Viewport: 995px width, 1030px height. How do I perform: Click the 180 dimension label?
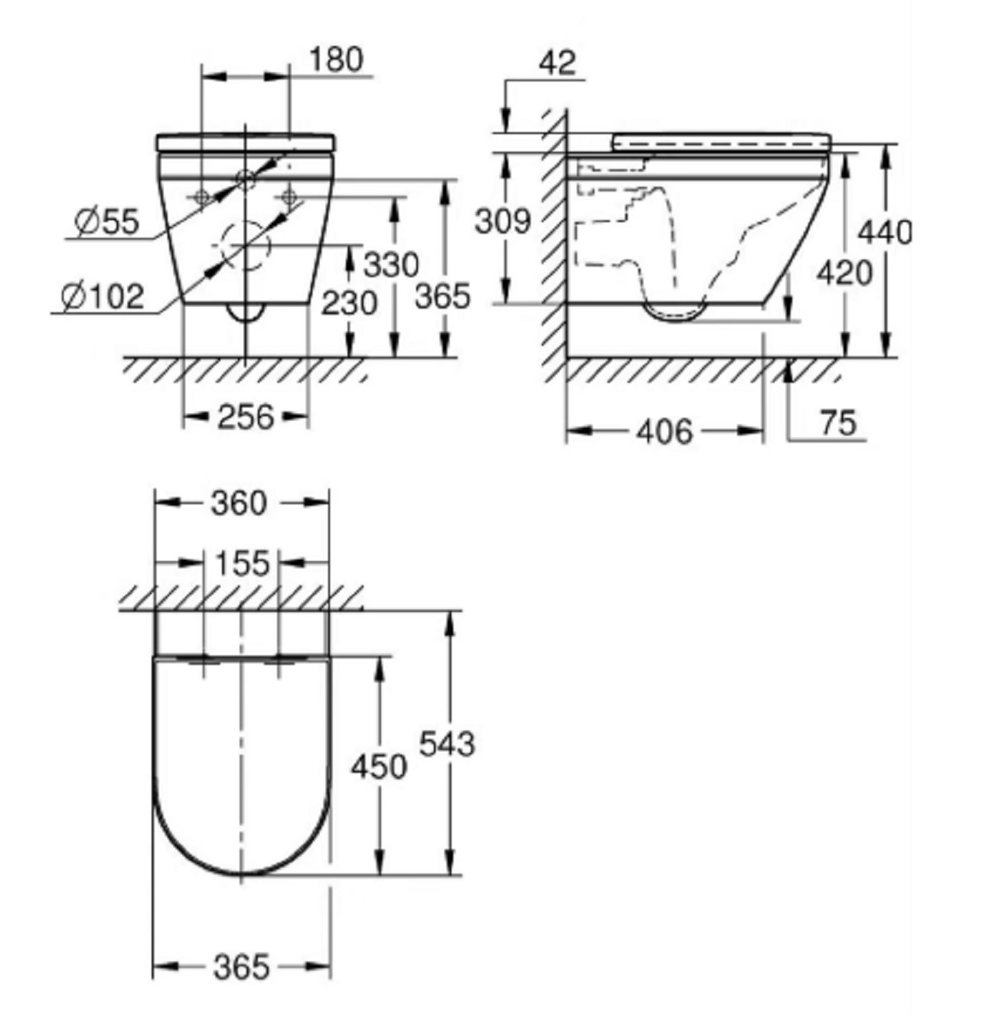coord(336,59)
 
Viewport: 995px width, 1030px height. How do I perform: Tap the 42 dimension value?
coord(557,63)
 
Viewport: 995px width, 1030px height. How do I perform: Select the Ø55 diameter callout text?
coord(108,220)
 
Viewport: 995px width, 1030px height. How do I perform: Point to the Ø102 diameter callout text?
coord(103,296)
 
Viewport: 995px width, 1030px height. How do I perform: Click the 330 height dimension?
coord(391,264)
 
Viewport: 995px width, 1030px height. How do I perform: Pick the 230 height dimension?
coord(350,303)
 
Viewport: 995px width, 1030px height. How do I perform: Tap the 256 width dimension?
coord(246,416)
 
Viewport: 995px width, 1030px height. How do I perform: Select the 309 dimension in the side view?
coord(503,220)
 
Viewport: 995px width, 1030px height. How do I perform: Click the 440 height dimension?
coord(886,232)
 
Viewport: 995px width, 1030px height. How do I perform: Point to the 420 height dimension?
coord(844,274)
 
